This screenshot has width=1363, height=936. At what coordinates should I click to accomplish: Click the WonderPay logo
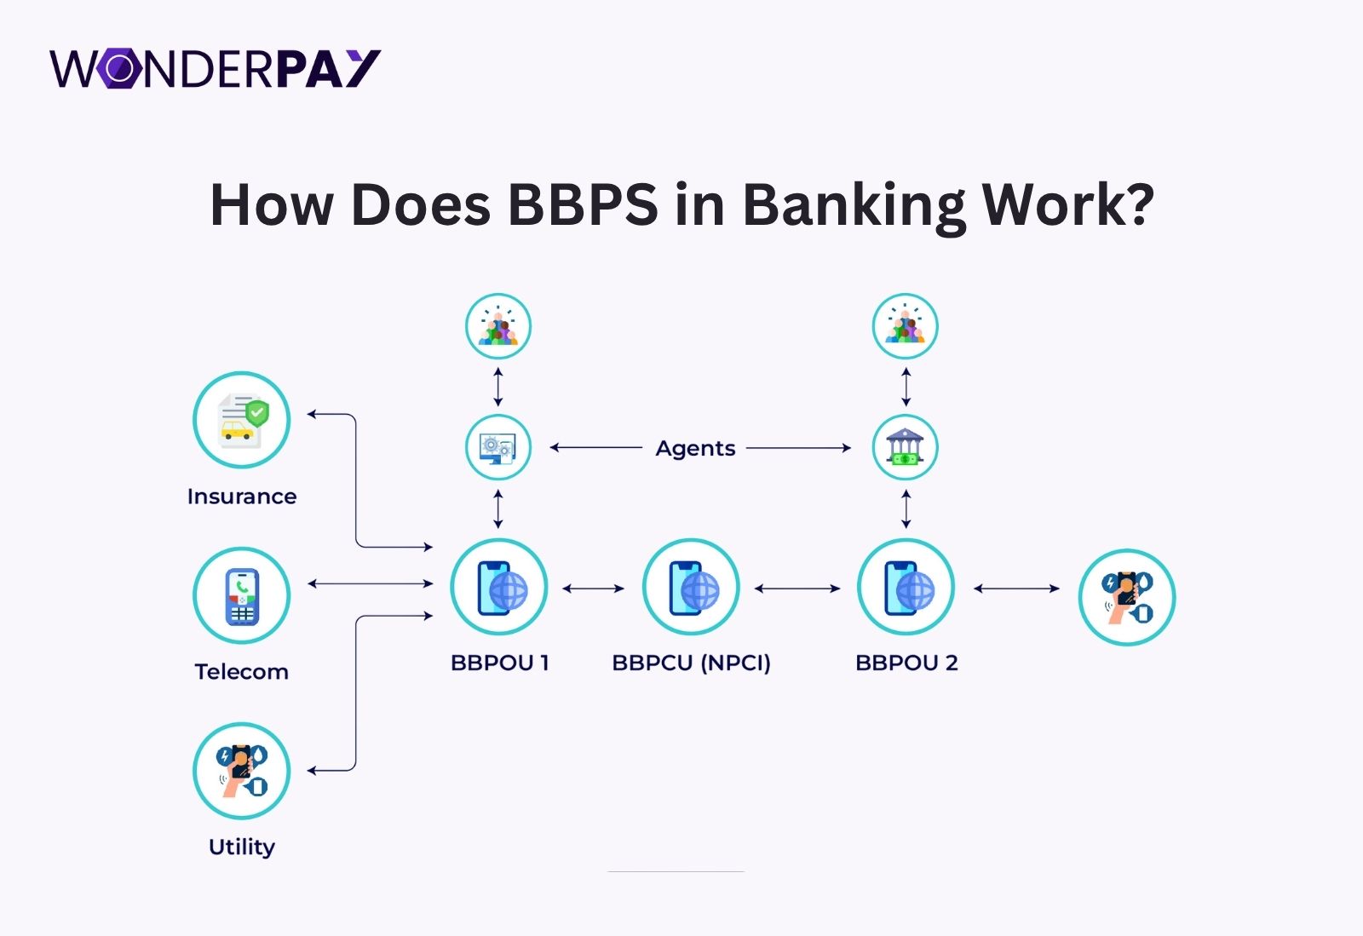tap(215, 69)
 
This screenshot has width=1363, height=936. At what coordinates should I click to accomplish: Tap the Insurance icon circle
tap(242, 420)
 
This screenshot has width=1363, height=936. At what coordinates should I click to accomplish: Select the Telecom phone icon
tap(242, 595)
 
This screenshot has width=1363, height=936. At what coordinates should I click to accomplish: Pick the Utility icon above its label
tap(242, 771)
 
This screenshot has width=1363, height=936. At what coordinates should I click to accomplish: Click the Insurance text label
tap(242, 497)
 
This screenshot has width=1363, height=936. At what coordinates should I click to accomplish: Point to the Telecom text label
tap(242, 672)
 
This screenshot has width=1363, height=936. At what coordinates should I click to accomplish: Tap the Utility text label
tap(242, 847)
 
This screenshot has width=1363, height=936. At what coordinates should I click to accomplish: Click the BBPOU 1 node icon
tap(498, 588)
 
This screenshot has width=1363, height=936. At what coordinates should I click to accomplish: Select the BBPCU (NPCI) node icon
tap(691, 588)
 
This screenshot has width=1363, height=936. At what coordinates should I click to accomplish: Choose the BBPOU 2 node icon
tap(906, 588)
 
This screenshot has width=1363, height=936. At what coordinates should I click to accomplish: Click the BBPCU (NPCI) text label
tap(691, 663)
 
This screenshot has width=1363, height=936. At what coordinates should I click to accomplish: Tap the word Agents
tap(695, 448)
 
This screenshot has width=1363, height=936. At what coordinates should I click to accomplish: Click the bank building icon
tap(906, 447)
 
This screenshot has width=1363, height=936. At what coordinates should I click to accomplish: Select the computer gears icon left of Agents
tap(498, 447)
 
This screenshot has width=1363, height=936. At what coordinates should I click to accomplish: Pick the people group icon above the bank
tap(906, 326)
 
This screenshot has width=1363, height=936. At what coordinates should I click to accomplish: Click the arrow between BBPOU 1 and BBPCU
tap(594, 588)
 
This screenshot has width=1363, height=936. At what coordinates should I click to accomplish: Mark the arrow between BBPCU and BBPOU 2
tap(797, 588)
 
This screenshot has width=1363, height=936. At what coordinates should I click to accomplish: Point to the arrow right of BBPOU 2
tap(1016, 588)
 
